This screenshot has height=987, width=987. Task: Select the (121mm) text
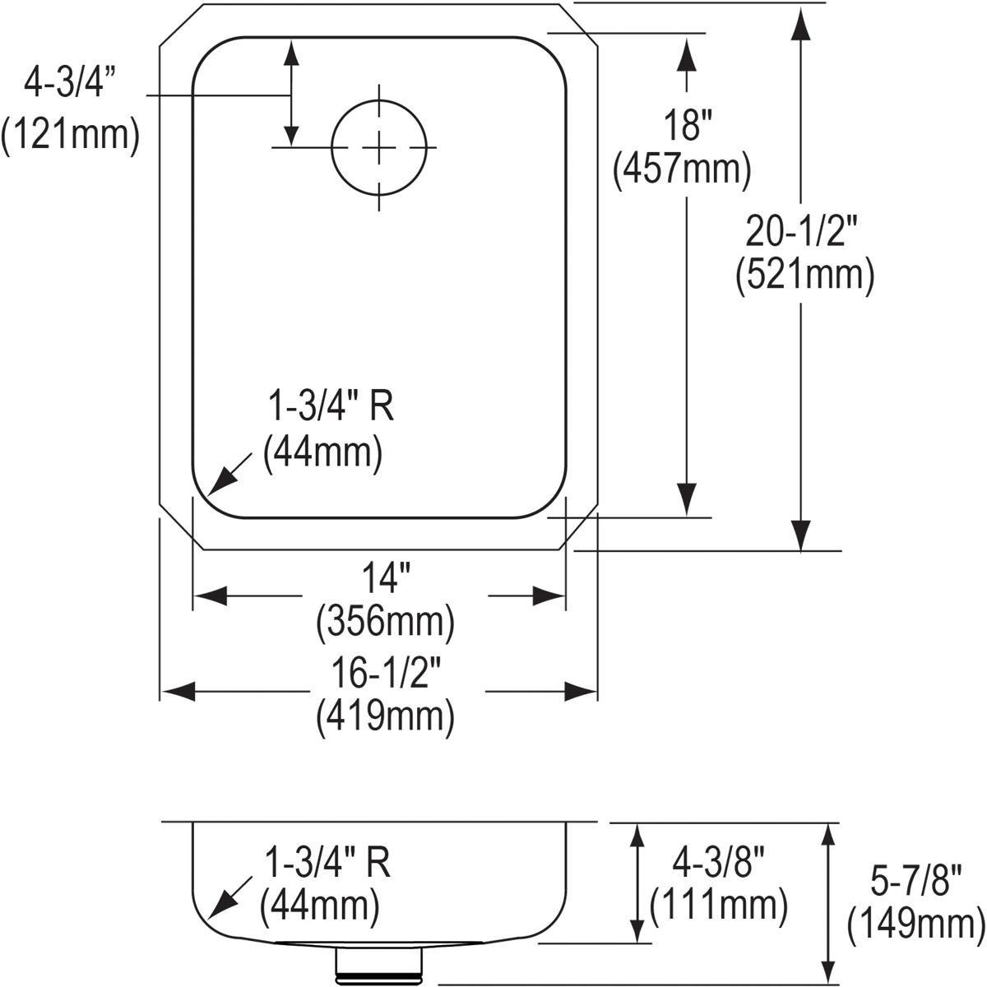point(70,134)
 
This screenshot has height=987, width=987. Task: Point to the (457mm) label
point(682,169)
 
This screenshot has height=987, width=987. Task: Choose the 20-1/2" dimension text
point(802,231)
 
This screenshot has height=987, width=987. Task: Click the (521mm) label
point(804,275)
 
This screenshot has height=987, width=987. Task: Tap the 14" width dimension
point(387,577)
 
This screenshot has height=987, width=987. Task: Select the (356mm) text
point(385,623)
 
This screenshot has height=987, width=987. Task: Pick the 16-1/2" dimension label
point(387,674)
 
